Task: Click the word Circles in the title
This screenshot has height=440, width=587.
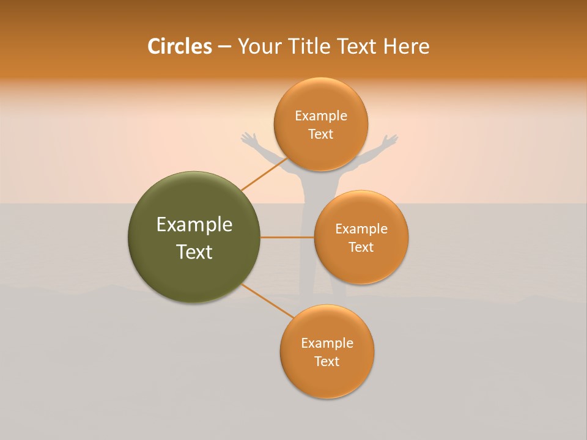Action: tap(179, 46)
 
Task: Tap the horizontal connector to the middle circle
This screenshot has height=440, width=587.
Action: tap(287, 237)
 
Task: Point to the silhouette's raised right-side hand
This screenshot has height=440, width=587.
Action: tap(390, 141)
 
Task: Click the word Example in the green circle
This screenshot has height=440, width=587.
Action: tap(194, 225)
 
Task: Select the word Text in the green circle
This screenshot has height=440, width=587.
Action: tap(194, 252)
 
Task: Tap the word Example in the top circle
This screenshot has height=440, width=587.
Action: tap(320, 116)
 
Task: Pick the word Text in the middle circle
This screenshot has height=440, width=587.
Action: tap(361, 247)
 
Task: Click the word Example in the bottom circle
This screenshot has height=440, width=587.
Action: tap(327, 343)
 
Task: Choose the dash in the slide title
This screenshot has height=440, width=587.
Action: tap(224, 46)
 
